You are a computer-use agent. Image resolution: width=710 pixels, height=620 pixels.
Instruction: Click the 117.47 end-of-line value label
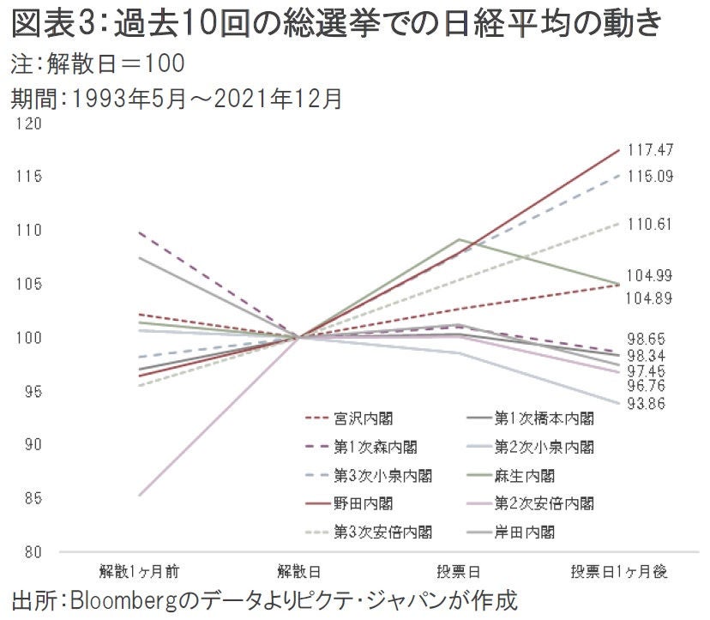652,149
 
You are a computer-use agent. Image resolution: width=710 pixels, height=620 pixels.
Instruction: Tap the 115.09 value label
652,176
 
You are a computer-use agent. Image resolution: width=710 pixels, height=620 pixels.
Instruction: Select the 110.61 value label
652,224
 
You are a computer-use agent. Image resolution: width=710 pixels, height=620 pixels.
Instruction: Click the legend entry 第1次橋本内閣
545,419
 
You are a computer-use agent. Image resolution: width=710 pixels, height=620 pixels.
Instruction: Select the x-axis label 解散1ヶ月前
139,570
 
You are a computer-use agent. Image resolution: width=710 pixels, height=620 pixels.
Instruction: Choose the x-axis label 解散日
299,570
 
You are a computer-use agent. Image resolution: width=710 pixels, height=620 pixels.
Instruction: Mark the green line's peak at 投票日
460,239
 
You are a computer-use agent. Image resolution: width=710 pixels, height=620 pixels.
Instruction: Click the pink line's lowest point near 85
139,495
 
